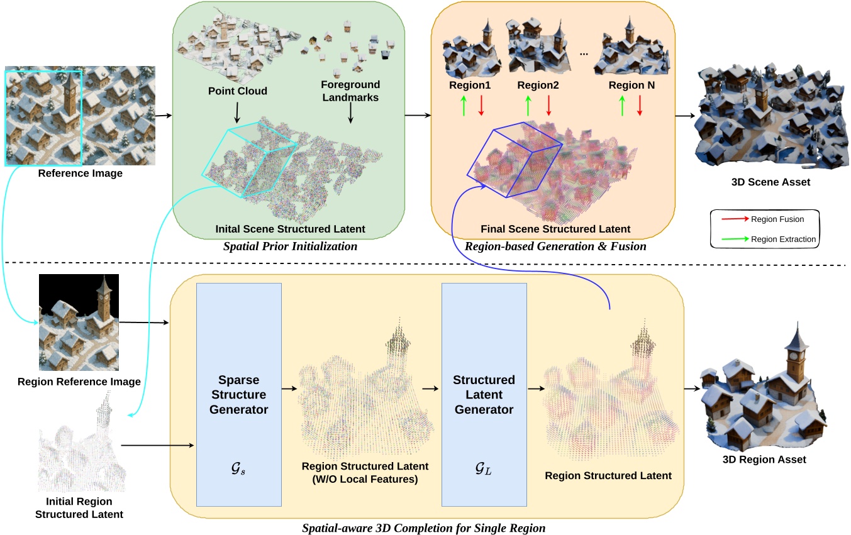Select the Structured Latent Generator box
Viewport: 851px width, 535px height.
pyautogui.click(x=484, y=394)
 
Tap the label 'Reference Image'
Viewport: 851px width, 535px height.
pyautogui.click(x=81, y=174)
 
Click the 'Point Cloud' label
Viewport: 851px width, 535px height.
pyautogui.click(x=238, y=91)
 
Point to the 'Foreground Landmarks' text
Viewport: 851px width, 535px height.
pyautogui.click(x=350, y=90)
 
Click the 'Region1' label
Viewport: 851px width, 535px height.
pyautogui.click(x=470, y=85)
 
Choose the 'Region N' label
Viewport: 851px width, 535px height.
pyautogui.click(x=631, y=85)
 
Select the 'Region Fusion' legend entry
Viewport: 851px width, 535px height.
pyautogui.click(x=778, y=219)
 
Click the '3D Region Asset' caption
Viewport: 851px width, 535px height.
pyautogui.click(x=764, y=460)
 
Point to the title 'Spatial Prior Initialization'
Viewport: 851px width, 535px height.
pyautogui.click(x=290, y=246)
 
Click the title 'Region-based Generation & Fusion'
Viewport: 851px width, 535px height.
pyautogui.click(x=555, y=246)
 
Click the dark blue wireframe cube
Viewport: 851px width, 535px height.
pyautogui.click(x=514, y=161)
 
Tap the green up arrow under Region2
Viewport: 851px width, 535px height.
pyautogui.click(x=528, y=105)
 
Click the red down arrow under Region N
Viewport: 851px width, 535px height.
pyautogui.click(x=640, y=105)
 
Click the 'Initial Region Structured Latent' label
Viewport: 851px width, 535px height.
pyautogui.click(x=79, y=508)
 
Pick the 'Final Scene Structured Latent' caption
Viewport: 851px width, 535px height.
pyautogui.click(x=555, y=229)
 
